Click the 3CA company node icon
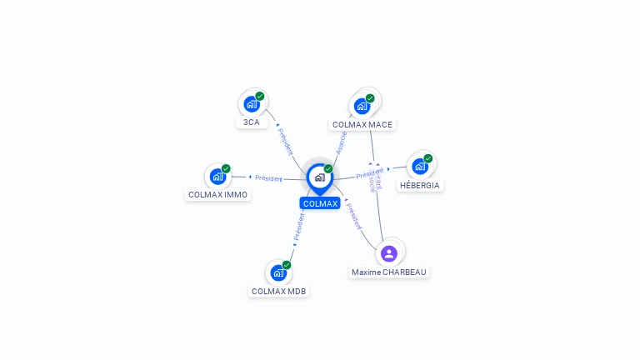click(x=251, y=104)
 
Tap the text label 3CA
click(x=251, y=122)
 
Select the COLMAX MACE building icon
click(x=362, y=106)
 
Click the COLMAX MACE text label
click(x=362, y=125)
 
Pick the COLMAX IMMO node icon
click(x=217, y=177)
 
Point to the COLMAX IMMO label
click(x=217, y=195)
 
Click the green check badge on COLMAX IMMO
click(x=226, y=169)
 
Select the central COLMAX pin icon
click(x=319, y=177)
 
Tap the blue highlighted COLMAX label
click(x=320, y=203)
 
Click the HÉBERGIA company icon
click(x=420, y=166)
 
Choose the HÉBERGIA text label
click(x=420, y=185)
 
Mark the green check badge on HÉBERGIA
click(x=428, y=158)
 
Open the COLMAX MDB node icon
click(x=278, y=272)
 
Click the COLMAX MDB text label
click(x=278, y=292)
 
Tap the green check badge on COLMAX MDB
click(x=287, y=265)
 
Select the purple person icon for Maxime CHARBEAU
click(x=389, y=253)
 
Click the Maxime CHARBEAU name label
click(x=389, y=272)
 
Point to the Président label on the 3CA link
click(x=285, y=140)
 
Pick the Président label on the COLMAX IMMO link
click(x=268, y=177)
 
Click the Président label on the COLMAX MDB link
click(x=298, y=227)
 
